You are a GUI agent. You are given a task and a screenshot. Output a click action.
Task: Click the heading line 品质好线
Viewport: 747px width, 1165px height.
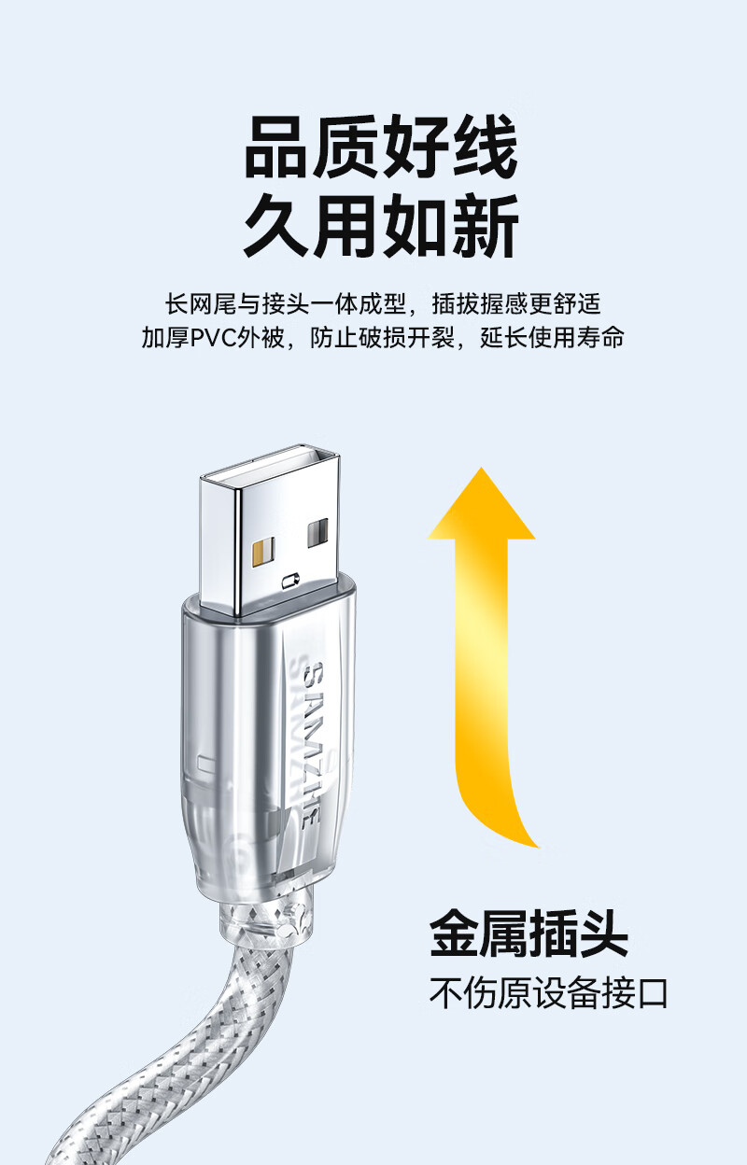tap(381, 147)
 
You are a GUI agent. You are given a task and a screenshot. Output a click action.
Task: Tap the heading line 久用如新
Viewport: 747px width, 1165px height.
tap(381, 225)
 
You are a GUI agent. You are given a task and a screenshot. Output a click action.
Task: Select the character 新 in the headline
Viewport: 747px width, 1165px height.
tap(486, 225)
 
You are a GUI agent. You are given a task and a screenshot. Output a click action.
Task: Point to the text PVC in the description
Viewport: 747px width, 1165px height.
tap(213, 338)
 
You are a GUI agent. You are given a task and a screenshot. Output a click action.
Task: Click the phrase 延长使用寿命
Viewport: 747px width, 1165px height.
tap(552, 338)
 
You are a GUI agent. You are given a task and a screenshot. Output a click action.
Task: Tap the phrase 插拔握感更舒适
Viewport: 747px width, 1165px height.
tap(516, 304)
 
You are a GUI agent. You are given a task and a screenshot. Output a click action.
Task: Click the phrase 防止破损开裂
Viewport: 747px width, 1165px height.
tap(382, 338)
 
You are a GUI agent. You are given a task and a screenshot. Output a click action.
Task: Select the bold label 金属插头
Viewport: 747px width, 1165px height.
tap(529, 935)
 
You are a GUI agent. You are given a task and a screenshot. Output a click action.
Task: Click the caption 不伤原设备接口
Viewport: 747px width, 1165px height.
tap(548, 993)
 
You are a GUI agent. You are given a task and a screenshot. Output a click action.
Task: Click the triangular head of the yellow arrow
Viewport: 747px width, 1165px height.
tap(481, 503)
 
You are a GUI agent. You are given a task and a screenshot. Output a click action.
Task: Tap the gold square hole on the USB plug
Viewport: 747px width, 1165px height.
tap(262, 554)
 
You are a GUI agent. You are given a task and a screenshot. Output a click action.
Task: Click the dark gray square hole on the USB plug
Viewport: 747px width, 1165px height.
tap(317, 532)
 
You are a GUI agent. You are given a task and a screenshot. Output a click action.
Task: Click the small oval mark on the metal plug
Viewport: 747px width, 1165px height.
tap(290, 581)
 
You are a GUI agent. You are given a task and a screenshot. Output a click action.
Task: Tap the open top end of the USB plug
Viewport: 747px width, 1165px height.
tap(270, 467)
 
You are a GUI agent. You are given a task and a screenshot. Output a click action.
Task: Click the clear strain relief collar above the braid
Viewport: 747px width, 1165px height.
tap(266, 918)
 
